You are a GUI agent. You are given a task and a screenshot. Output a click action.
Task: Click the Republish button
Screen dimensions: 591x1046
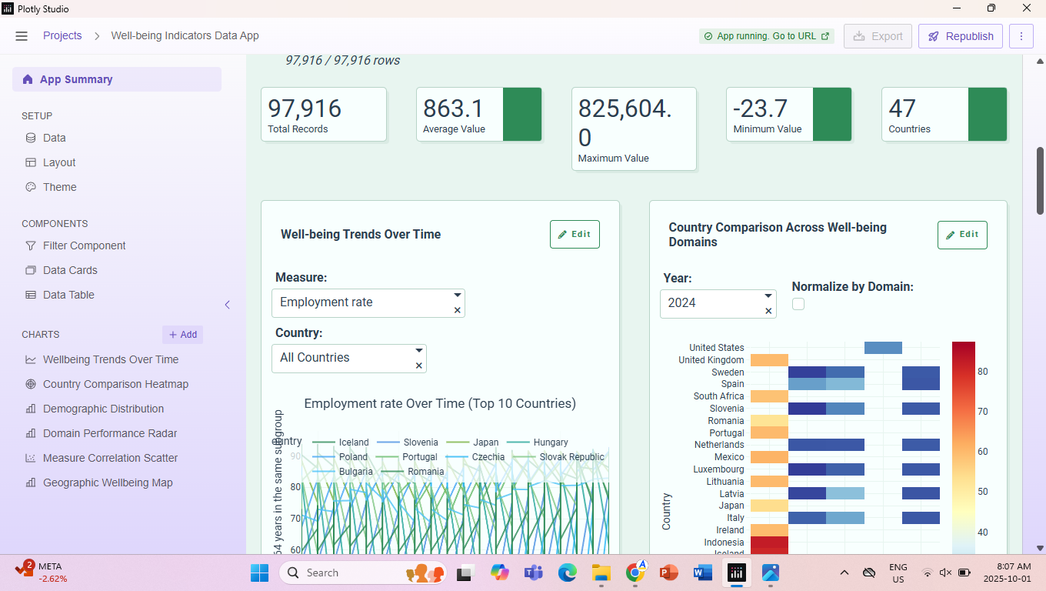960,36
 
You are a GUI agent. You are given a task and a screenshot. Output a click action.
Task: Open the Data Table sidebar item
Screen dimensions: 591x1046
68,295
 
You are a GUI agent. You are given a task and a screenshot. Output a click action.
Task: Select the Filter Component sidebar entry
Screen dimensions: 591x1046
84,245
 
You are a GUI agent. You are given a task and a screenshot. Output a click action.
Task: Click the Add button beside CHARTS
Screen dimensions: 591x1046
183,335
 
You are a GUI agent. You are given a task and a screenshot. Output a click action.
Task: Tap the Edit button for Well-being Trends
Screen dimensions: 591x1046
575,235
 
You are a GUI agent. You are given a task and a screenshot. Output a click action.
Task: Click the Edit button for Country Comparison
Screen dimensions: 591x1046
962,235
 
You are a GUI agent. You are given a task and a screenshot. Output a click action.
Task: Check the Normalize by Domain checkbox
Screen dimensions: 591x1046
798,304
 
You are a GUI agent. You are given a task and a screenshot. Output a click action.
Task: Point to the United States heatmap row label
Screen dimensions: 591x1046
716,348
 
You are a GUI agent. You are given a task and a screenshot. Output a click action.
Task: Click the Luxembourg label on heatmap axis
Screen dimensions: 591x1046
718,469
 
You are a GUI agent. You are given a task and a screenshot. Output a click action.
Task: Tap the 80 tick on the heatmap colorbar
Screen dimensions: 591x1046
982,372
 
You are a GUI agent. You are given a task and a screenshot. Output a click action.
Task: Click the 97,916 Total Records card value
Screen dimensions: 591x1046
305,109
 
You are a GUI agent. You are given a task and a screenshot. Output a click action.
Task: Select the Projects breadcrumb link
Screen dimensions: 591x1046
62,36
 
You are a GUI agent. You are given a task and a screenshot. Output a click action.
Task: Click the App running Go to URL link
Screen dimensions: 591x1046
767,36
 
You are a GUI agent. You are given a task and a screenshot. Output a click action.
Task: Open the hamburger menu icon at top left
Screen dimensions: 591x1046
22,36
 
